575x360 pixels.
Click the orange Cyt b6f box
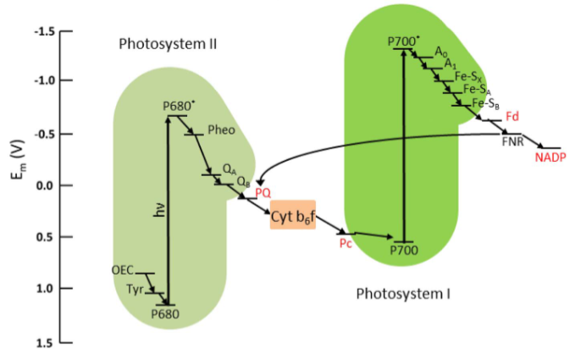(x=293, y=217)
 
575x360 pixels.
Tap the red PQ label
(x=263, y=194)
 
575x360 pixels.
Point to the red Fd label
(x=511, y=114)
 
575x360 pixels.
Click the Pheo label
(x=221, y=130)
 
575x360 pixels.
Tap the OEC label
(x=123, y=270)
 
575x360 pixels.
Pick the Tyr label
(x=132, y=289)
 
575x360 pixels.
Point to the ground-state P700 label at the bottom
(x=405, y=251)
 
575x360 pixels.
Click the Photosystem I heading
(x=402, y=294)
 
